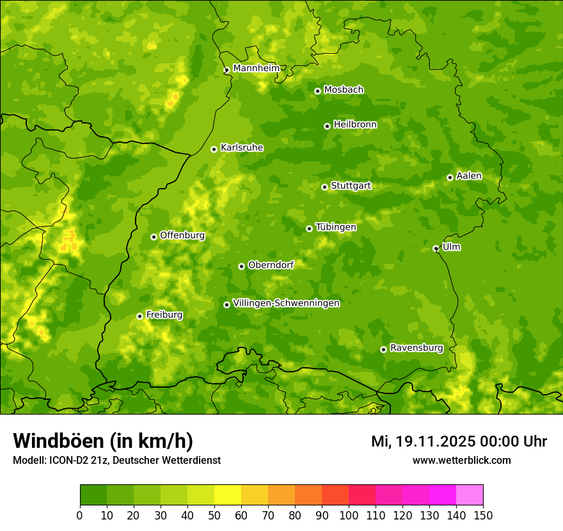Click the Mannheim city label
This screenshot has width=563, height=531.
point(256,68)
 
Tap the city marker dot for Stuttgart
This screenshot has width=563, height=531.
point(324,187)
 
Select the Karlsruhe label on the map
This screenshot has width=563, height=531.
point(241,148)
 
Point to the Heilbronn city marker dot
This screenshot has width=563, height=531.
point(327,126)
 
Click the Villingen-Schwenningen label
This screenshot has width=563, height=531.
point(286,303)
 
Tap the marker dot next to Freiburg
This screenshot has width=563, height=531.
point(139,316)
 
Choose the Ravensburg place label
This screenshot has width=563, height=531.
point(416,348)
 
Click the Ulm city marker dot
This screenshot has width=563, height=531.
point(436,248)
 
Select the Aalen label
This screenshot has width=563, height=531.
point(468,176)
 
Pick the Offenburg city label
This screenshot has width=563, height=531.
point(182,235)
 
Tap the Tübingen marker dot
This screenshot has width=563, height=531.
point(309,228)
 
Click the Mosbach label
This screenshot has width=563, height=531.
point(343,90)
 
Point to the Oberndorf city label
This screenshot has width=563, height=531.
point(271,265)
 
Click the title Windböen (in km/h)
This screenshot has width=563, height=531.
point(103,441)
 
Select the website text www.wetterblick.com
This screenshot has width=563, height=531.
point(461,460)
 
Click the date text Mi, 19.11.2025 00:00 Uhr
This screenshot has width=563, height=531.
point(459,441)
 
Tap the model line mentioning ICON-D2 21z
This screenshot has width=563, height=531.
point(116,460)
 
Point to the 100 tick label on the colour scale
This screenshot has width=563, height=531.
point(349,515)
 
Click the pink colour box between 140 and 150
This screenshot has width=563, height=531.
point(470,495)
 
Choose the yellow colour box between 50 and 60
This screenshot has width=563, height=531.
point(228,495)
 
